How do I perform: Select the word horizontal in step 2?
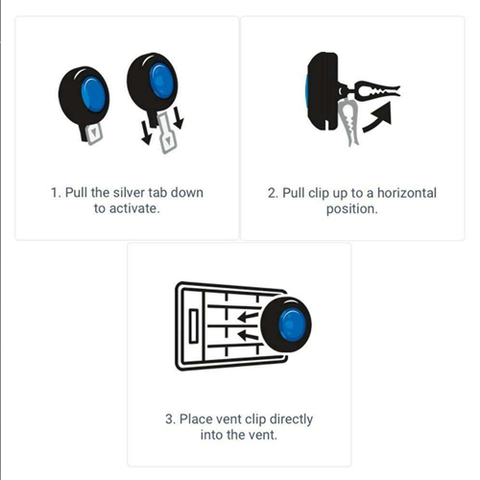click(407, 193)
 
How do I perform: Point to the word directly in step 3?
click(291, 420)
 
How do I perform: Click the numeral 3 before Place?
click(169, 420)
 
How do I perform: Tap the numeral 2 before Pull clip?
click(272, 193)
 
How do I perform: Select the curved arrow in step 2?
click(377, 119)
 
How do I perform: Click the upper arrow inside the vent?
click(248, 317)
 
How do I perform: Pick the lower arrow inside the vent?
click(248, 336)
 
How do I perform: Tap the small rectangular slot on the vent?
click(194, 326)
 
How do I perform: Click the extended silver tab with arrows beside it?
click(166, 132)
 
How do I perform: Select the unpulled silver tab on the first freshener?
click(94, 133)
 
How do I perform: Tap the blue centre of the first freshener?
click(93, 95)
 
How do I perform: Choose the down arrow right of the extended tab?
click(179, 118)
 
